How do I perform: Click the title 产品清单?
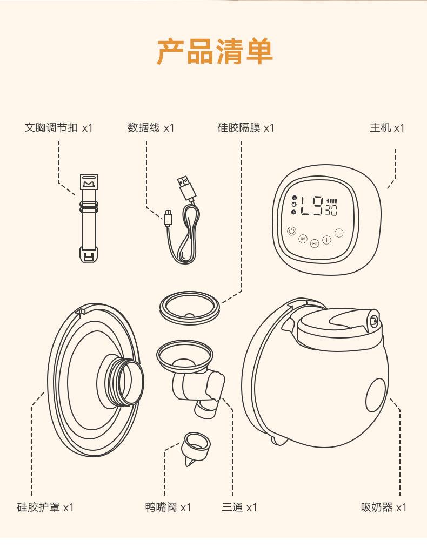coord(215,51)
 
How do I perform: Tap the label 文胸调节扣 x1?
coord(59,128)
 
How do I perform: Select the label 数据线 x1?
coord(151,128)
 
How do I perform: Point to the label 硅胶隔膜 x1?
coord(245,128)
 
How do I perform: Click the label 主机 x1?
coord(387,128)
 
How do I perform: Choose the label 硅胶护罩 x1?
coord(45,507)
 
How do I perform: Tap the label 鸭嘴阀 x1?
coord(168,507)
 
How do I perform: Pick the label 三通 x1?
coord(239,507)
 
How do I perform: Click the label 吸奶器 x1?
coord(384,507)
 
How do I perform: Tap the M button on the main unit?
coord(303,239)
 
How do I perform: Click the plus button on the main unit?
coord(326,240)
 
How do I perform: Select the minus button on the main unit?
coord(339,233)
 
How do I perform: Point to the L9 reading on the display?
coord(311,206)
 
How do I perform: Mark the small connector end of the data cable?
coord(168,218)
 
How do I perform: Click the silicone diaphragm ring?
coord(189,308)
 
